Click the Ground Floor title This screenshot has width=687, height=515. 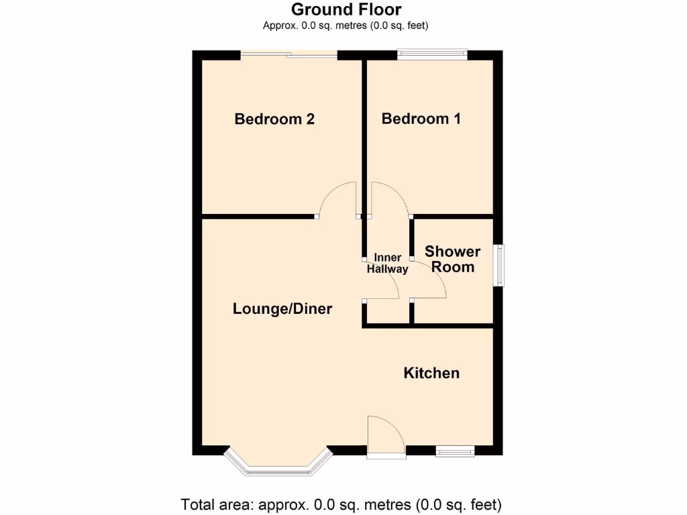pyautogui.click(x=346, y=9)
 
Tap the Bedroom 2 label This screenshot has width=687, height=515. pyautogui.click(x=274, y=119)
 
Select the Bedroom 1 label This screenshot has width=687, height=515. pyautogui.click(x=421, y=119)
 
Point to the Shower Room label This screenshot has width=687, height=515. pyautogui.click(x=453, y=259)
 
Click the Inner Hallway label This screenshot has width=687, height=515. pyautogui.click(x=387, y=264)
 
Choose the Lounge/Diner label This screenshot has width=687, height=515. pyautogui.click(x=282, y=309)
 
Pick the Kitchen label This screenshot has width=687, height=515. pyautogui.click(x=431, y=373)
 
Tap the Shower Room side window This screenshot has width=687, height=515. pyautogui.click(x=500, y=266)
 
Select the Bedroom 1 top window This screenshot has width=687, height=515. pyautogui.click(x=431, y=54)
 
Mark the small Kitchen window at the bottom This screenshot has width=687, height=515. pyautogui.click(x=456, y=452)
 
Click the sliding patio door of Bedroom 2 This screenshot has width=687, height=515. pyautogui.click(x=289, y=56)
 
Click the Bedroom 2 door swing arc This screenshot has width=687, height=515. pyautogui.click(x=338, y=199)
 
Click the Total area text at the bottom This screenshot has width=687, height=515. pyautogui.click(x=341, y=504)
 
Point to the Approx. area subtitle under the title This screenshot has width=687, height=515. pyautogui.click(x=346, y=25)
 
